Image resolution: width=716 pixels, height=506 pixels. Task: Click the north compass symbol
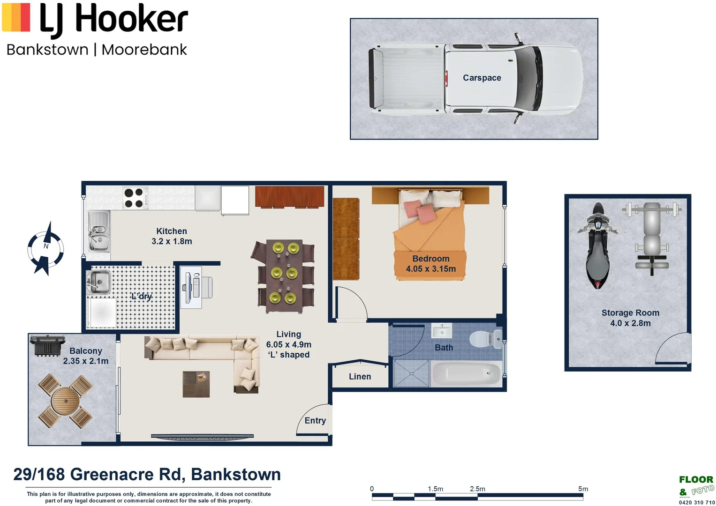click(45, 249)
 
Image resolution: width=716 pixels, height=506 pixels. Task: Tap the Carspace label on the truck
click(482, 78)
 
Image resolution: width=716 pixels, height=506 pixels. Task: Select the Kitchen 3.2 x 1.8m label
click(172, 236)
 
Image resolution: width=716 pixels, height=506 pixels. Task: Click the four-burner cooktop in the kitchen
click(133, 198)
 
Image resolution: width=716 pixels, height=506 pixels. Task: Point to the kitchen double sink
click(98, 231)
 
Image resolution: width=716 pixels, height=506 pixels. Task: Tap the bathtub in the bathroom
click(467, 374)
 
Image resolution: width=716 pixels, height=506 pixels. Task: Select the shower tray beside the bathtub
click(411, 373)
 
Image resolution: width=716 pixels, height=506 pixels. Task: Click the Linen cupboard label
click(360, 377)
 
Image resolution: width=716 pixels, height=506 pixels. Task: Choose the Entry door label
click(315, 421)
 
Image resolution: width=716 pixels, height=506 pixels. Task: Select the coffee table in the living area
click(196, 384)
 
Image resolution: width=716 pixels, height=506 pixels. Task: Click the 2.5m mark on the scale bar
click(477, 489)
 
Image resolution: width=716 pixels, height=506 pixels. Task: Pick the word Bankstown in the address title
click(235, 474)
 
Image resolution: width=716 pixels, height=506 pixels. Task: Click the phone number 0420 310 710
click(696, 502)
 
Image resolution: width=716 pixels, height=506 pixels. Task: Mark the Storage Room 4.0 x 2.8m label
click(630, 318)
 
